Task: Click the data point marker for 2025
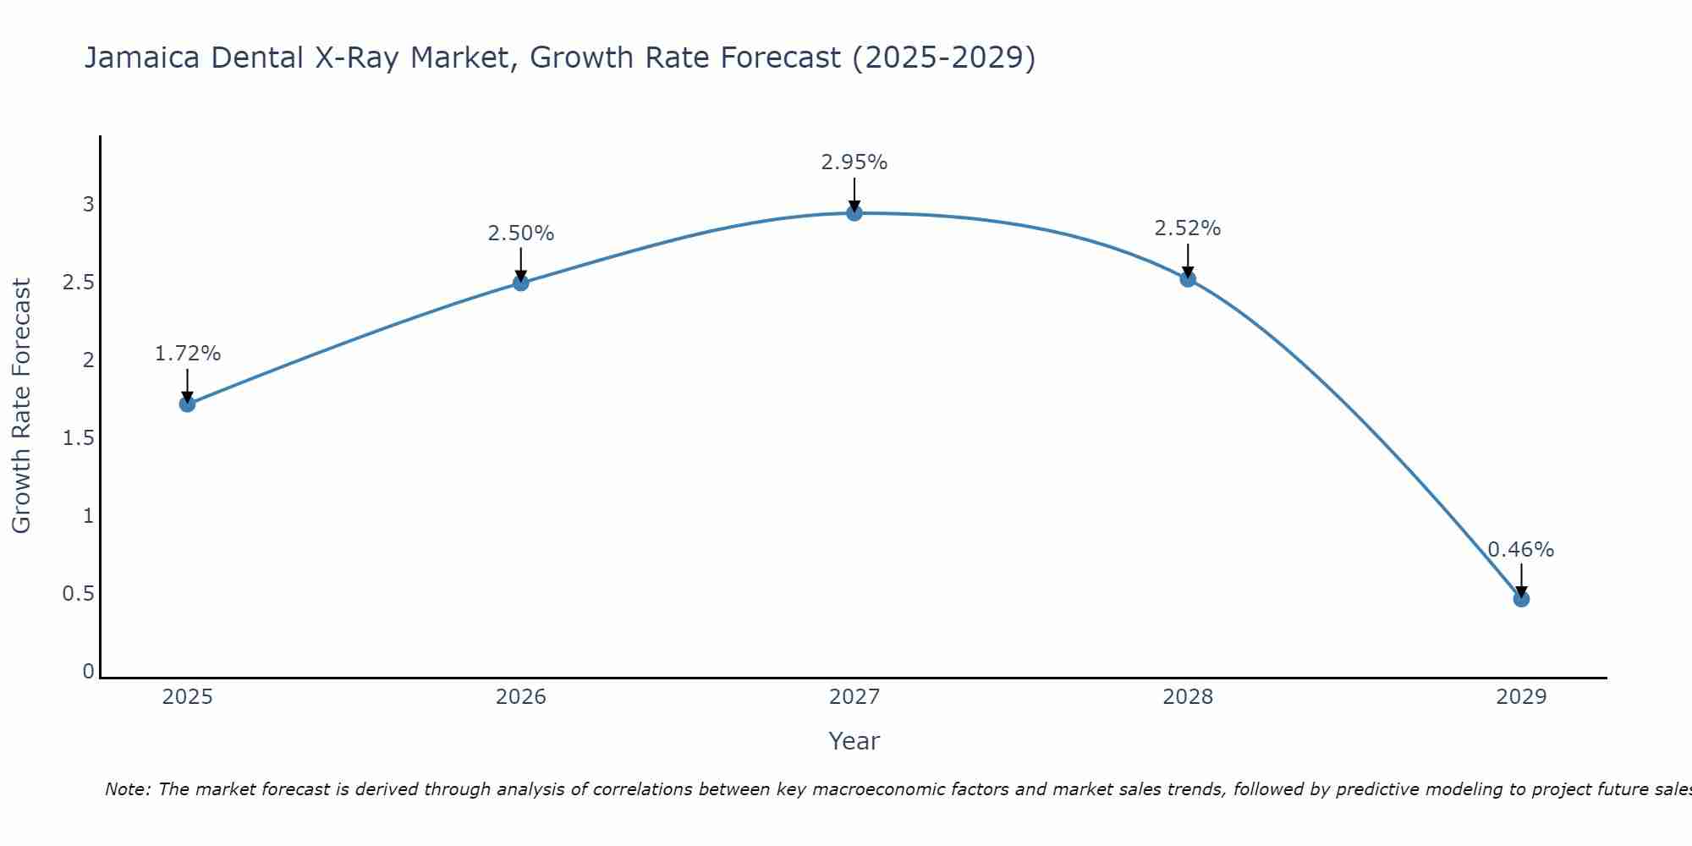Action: point(188,404)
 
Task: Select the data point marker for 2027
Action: point(854,213)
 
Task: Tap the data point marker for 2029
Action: point(1521,599)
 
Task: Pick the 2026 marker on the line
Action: point(521,283)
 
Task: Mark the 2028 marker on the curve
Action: point(1188,279)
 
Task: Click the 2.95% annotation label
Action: point(854,162)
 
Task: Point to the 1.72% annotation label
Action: point(188,354)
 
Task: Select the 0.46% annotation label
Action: point(1521,550)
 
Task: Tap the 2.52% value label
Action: point(1188,228)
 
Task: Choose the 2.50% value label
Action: point(521,233)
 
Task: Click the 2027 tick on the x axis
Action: point(854,697)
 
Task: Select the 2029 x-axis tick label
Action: point(1521,697)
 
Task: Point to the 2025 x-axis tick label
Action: point(188,697)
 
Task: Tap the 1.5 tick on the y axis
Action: point(78,438)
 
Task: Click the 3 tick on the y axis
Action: point(88,205)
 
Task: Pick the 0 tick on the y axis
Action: point(88,672)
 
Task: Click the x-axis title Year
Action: point(854,741)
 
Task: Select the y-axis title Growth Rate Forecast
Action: point(22,406)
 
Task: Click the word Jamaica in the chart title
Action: point(142,58)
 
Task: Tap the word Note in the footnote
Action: point(127,789)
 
